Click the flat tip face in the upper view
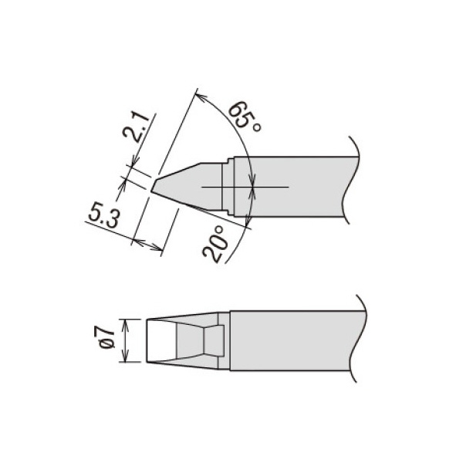(x=156, y=186)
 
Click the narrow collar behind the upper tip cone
(x=228, y=188)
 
